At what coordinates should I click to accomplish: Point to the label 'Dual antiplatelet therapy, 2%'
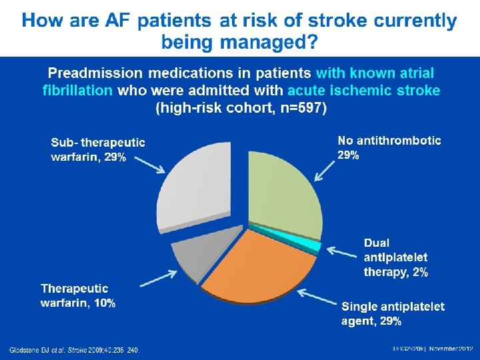point(395,257)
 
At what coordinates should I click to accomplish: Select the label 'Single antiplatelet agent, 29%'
point(393,313)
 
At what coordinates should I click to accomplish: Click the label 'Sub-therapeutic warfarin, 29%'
point(98,149)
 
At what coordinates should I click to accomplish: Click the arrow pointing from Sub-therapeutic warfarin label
point(150,164)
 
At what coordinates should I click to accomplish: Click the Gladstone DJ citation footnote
point(74,350)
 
